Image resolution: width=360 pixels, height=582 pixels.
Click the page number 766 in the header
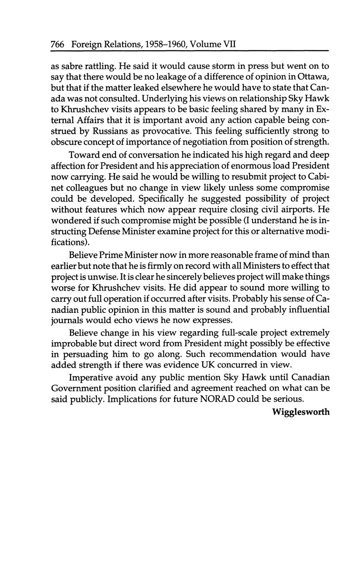click(57, 44)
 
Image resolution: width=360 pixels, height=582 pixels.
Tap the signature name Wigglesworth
click(301, 412)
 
